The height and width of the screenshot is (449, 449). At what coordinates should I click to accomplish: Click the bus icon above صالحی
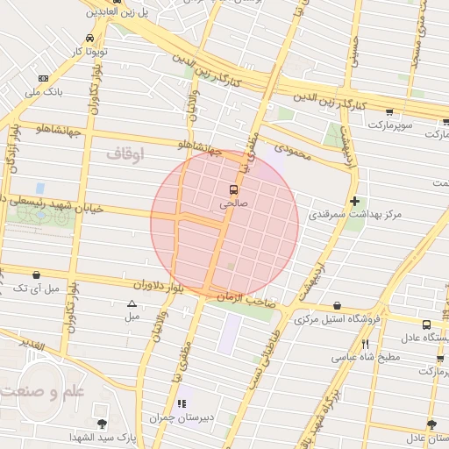coord(233,189)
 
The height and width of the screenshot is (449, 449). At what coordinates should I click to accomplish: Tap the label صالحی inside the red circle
coord(233,203)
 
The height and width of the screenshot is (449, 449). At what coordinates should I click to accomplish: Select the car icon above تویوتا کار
coord(91,39)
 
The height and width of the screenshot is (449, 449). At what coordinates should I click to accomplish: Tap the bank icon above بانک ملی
coord(44,78)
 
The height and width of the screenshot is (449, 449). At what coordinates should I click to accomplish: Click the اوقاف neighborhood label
coord(124,154)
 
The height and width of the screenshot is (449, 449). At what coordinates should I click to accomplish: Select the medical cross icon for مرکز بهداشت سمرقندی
coord(354,201)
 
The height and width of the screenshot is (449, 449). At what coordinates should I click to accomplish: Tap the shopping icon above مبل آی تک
coord(36,274)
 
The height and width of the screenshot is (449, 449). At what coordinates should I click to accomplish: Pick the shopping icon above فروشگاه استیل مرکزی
coord(338,306)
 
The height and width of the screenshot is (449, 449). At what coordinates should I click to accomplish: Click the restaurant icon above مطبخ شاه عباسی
coord(365,344)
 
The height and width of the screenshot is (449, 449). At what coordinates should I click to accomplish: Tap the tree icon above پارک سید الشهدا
coord(103,424)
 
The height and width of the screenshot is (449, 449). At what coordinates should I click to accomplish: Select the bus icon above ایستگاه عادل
coord(426,324)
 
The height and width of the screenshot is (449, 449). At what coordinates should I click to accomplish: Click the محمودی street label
coord(293,153)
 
